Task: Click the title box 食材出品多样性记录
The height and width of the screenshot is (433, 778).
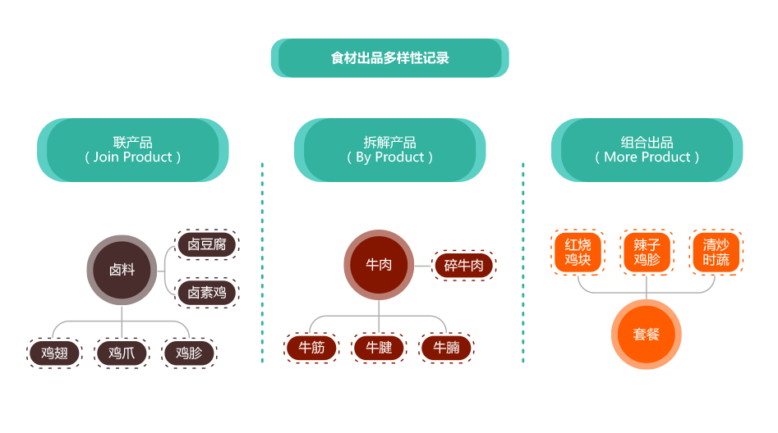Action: pyautogui.click(x=389, y=58)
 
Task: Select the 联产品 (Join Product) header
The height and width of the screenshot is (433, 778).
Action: pyautogui.click(x=132, y=150)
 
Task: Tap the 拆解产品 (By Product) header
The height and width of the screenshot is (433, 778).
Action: pyautogui.click(x=389, y=150)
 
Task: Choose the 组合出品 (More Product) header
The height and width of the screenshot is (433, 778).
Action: pyautogui.click(x=647, y=150)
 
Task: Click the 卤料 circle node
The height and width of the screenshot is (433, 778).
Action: pyautogui.click(x=122, y=269)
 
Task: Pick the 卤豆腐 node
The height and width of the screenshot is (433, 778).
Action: pyautogui.click(x=207, y=244)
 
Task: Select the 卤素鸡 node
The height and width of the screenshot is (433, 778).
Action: pyautogui.click(x=207, y=291)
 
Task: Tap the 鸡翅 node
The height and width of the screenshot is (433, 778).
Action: pyautogui.click(x=54, y=353)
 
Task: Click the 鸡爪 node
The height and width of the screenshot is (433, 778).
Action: pyautogui.click(x=122, y=353)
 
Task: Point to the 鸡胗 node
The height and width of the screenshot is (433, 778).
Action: pyautogui.click(x=189, y=353)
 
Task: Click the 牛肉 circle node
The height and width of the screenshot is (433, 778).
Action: pyautogui.click(x=378, y=265)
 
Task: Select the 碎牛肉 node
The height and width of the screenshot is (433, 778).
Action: pyautogui.click(x=464, y=265)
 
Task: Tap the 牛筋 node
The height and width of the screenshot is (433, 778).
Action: pyautogui.click(x=311, y=348)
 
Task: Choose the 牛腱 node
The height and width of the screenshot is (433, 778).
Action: pyautogui.click(x=379, y=348)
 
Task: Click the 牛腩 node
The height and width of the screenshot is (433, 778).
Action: pyautogui.click(x=446, y=348)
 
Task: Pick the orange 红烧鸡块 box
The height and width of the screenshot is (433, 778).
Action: pyautogui.click(x=578, y=252)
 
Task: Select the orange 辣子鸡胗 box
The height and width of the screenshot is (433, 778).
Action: pyautogui.click(x=647, y=252)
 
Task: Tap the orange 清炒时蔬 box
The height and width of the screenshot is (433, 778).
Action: pyautogui.click(x=716, y=252)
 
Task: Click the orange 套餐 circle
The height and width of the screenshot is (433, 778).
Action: pyautogui.click(x=647, y=335)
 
